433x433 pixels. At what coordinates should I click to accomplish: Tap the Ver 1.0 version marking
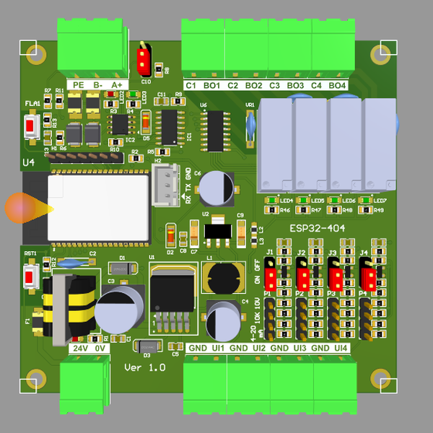coord(145,367)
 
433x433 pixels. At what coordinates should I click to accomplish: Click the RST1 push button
coord(31,276)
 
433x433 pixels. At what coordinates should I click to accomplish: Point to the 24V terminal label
coord(79,349)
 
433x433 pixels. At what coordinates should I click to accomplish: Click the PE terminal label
coord(79,85)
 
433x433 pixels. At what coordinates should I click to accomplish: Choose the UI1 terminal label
coord(218,349)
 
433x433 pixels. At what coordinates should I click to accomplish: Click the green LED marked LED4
coord(272,201)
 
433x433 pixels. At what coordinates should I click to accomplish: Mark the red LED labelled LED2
coord(170,235)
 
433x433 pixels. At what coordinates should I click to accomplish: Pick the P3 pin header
coord(334,316)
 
